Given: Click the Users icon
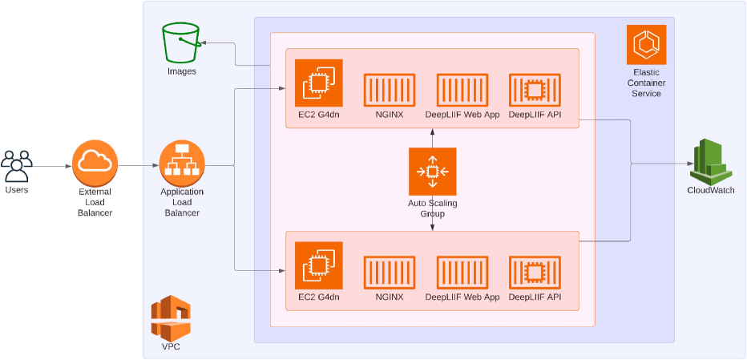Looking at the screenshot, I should (16, 165).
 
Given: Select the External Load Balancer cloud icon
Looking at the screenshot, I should (95, 163).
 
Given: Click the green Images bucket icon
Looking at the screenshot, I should (180, 42).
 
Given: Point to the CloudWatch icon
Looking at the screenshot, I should (710, 161).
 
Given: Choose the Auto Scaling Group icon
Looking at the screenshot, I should (432, 171).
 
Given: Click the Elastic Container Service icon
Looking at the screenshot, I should (646, 46).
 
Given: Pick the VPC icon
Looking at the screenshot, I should (171, 318).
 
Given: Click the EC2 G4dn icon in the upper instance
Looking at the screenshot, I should (318, 83).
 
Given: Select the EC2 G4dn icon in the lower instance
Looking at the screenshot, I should (318, 265).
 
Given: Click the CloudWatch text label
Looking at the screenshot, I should (710, 190).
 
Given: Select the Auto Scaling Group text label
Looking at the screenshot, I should (432, 208).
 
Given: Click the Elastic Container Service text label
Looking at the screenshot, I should (646, 83).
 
